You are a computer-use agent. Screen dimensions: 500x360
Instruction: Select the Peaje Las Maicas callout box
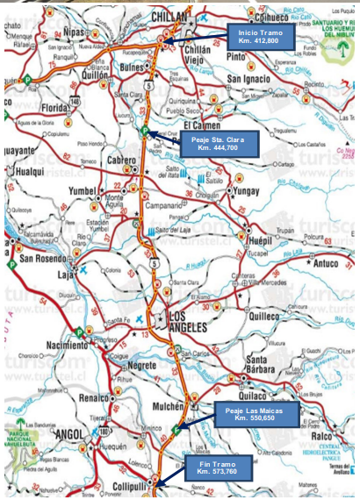click(x=255, y=413)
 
